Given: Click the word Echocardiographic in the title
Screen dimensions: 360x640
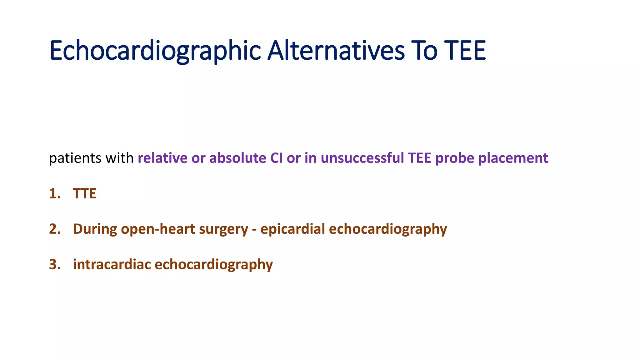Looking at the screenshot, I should tap(155, 51).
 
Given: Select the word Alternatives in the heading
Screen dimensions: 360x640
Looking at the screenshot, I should tap(336, 51).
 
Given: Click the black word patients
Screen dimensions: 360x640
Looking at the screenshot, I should tap(75, 158).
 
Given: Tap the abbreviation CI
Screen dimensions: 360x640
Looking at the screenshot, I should tap(276, 158).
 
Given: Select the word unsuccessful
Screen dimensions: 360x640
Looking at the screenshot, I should tap(362, 158).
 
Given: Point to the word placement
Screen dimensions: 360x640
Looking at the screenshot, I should tap(513, 158).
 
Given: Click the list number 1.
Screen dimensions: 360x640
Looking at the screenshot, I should tap(54, 194).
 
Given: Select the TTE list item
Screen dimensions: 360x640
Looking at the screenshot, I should tap(84, 194).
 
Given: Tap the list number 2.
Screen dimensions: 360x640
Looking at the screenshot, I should tap(54, 229).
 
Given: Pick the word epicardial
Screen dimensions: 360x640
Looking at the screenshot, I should tap(292, 229).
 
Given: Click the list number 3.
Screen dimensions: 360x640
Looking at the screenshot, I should tap(54, 265).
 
